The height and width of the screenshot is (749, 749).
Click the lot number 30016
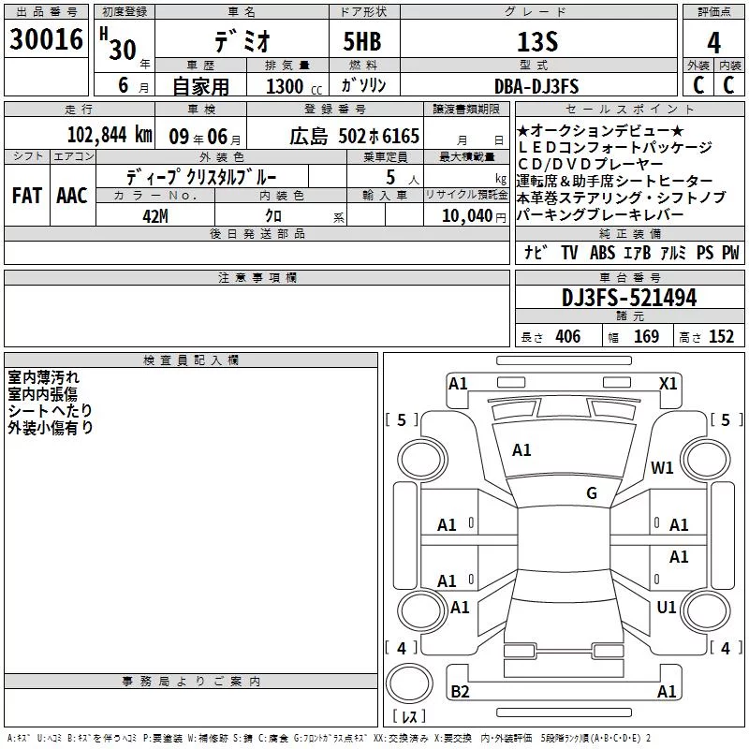[46, 39]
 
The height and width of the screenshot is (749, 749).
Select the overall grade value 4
[713, 42]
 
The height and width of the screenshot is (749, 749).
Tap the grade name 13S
[537, 42]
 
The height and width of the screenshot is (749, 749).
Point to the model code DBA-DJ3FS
[536, 86]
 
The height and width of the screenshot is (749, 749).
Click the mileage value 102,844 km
[110, 135]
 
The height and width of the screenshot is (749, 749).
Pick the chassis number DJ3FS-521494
[629, 298]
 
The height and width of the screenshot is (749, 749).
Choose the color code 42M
[155, 216]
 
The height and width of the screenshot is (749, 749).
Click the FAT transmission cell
[27, 196]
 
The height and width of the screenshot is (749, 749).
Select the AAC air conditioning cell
[72, 196]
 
